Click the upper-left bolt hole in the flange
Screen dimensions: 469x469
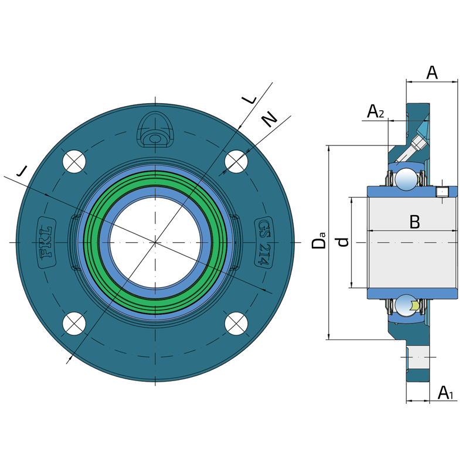(x=74, y=161)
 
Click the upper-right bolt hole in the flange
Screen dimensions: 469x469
(x=236, y=161)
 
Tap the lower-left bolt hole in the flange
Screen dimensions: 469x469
(x=74, y=323)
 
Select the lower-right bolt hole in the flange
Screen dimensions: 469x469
(x=236, y=323)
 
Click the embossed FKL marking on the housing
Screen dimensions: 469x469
(x=46, y=242)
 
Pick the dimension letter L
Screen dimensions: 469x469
(x=250, y=98)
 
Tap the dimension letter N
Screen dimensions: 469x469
(x=269, y=119)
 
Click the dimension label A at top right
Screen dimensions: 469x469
(x=431, y=73)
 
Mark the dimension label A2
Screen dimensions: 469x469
(x=375, y=111)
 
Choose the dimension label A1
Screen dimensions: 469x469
(x=446, y=392)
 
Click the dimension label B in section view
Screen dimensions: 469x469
(x=414, y=222)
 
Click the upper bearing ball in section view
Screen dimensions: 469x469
(x=405, y=179)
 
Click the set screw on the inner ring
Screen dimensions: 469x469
(x=443, y=192)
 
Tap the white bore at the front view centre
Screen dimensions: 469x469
(x=155, y=242)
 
